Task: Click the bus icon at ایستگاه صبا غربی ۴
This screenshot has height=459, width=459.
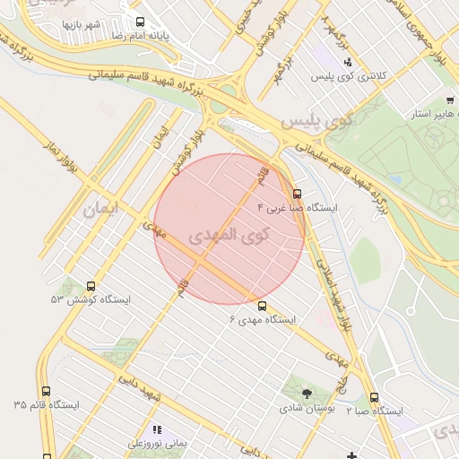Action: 297,193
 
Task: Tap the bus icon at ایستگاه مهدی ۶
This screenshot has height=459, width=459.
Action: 261,305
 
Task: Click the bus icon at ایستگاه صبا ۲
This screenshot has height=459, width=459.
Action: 374,397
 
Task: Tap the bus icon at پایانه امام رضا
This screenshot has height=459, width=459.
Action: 139,22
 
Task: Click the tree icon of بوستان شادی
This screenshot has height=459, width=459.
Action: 307,393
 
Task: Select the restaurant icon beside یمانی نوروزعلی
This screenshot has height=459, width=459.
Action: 159,430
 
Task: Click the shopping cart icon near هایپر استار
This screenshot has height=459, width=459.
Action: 449,100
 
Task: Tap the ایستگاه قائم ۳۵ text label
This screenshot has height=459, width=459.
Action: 46,406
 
